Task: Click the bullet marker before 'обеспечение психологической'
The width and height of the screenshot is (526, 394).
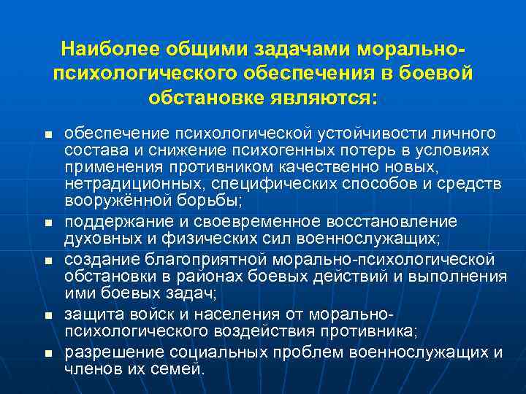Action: [x=48, y=136]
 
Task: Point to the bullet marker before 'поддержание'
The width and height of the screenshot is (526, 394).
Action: [x=48, y=221]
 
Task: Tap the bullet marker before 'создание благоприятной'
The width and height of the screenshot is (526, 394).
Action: [x=48, y=260]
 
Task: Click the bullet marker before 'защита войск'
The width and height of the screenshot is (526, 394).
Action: [x=48, y=316]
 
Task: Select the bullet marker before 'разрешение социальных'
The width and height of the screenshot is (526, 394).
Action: [x=48, y=354]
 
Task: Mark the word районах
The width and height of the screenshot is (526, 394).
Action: [x=214, y=276]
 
